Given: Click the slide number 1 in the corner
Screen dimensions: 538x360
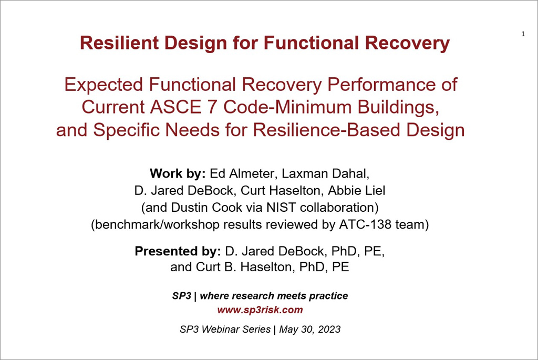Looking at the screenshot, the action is point(523,34).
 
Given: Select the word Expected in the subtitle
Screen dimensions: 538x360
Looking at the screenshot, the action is point(104,85).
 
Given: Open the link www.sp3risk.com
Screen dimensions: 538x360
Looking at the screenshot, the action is point(260,310).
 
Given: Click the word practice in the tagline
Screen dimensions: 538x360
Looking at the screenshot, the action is point(328,296).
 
